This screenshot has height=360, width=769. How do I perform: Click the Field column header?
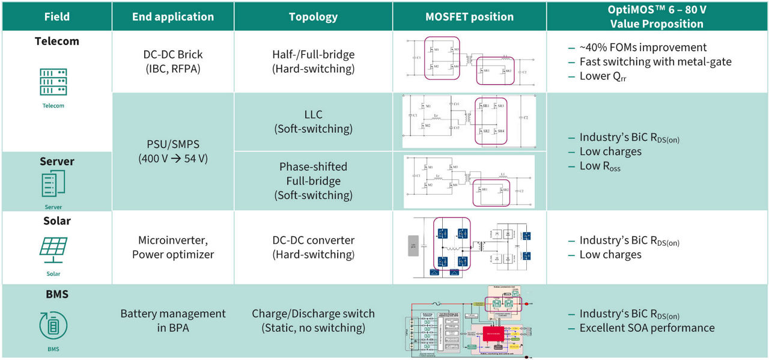56,17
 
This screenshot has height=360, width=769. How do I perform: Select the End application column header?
173,17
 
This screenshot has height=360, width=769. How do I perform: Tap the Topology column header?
313,17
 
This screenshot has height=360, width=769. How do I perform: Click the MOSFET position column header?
469,17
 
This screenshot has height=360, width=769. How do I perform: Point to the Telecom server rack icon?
53,82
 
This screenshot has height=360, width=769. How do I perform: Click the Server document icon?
53,183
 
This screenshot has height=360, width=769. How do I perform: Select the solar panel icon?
53,249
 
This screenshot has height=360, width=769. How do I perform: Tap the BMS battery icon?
53,325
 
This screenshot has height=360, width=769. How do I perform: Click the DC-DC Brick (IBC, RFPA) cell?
173,61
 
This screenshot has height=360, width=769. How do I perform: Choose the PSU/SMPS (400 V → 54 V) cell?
173,151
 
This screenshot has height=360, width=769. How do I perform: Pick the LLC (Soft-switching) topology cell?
313,121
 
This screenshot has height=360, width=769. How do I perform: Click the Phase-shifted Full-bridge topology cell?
313,180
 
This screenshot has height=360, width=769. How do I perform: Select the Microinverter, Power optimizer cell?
173,247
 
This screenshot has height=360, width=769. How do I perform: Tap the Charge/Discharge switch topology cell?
313,320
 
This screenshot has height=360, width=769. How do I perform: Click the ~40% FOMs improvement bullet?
643,47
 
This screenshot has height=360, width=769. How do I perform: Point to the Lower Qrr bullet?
603,76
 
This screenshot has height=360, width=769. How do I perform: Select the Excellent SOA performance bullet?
646,328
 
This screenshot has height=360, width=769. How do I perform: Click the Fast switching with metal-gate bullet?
655,62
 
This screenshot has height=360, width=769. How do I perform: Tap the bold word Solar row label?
56,221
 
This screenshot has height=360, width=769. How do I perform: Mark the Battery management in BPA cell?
173,320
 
